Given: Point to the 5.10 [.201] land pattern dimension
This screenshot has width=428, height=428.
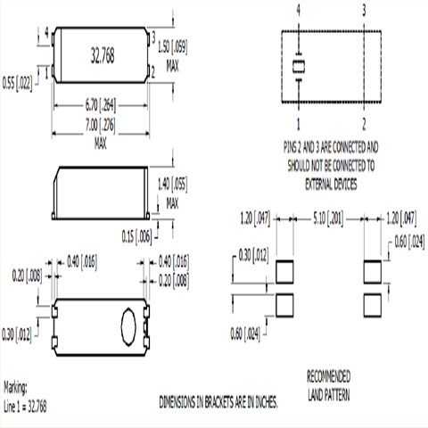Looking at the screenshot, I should tap(327, 216).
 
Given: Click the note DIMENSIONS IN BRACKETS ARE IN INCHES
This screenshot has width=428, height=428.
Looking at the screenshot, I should tap(218, 402).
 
